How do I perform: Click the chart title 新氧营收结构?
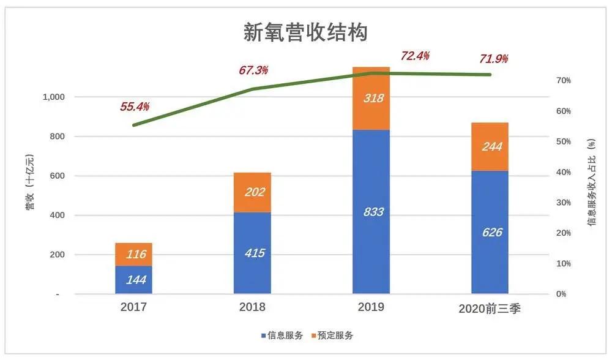tap(306, 32)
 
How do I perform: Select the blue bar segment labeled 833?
tap(371, 212)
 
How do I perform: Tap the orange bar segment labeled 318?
tap(371, 99)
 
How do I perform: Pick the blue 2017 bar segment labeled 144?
tap(133, 280)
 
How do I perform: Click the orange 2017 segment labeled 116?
tap(133, 254)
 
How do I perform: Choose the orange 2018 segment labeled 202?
tap(252, 192)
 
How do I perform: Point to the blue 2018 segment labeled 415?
tap(252, 252)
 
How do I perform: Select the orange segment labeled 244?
tap(490, 146)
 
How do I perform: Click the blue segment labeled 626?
tap(490, 232)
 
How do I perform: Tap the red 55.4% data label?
tap(135, 107)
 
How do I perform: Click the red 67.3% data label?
tap(253, 70)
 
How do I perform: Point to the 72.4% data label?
tap(415, 56)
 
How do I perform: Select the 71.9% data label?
tap(493, 59)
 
